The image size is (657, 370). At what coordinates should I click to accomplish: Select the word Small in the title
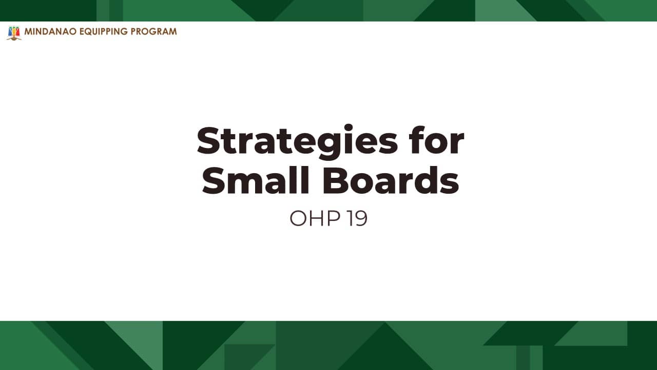coord(256,180)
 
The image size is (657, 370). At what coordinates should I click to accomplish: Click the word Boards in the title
coord(391,180)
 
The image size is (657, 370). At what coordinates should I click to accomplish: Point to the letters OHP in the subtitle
coord(315,218)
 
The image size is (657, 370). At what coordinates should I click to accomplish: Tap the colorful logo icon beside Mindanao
coord(14,33)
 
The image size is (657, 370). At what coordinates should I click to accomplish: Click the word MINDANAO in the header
coord(50,31)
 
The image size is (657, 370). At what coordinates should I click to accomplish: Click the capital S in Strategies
coord(208,140)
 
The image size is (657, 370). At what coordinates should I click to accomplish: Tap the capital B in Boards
coord(335,180)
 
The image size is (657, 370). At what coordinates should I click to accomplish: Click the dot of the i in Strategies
coord(348,128)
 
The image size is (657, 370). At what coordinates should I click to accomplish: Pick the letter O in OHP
coord(298,218)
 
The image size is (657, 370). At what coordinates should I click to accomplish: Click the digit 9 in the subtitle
coord(361,218)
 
